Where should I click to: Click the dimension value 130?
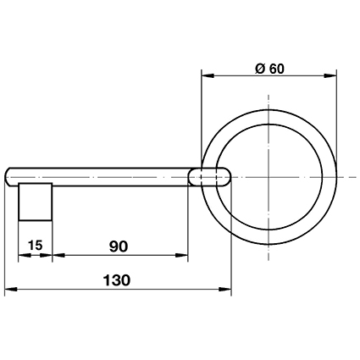click(x=117, y=280)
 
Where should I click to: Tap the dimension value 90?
click(x=119, y=246)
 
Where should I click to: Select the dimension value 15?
click(x=36, y=245)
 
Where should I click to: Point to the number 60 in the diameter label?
click(x=276, y=69)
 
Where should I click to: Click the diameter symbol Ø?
click(x=260, y=69)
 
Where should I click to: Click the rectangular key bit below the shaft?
click(x=36, y=202)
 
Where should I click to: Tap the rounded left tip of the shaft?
click(x=6, y=177)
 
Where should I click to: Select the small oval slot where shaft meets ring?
click(x=209, y=177)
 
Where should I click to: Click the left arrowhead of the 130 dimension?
click(x=11, y=289)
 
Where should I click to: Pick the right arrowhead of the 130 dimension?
click(x=225, y=289)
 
